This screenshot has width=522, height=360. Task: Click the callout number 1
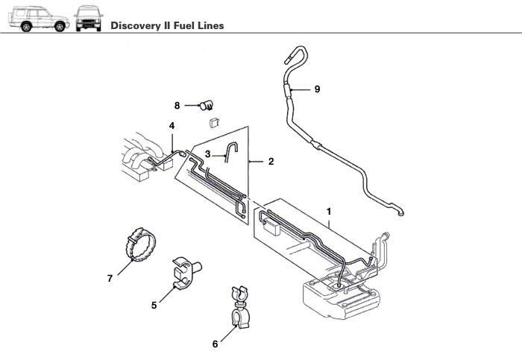pyautogui.click(x=329, y=212)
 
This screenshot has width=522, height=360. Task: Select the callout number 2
pyautogui.click(x=271, y=161)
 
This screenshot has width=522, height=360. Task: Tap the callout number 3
pyautogui.click(x=208, y=155)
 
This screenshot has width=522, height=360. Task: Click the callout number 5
pyautogui.click(x=154, y=304)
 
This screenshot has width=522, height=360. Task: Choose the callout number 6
pyautogui.click(x=216, y=344)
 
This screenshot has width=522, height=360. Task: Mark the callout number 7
pyautogui.click(x=110, y=278)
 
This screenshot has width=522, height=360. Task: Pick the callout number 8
pyautogui.click(x=177, y=105)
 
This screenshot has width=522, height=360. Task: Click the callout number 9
pyautogui.click(x=317, y=89)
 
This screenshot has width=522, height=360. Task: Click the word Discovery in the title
pyautogui.click(x=135, y=25)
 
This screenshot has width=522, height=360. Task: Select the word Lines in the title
pyautogui.click(x=210, y=25)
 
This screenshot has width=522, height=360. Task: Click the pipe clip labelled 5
pyautogui.click(x=186, y=270)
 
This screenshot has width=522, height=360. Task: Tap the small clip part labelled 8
pyautogui.click(x=206, y=107)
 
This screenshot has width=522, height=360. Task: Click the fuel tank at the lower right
pyautogui.click(x=343, y=298)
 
